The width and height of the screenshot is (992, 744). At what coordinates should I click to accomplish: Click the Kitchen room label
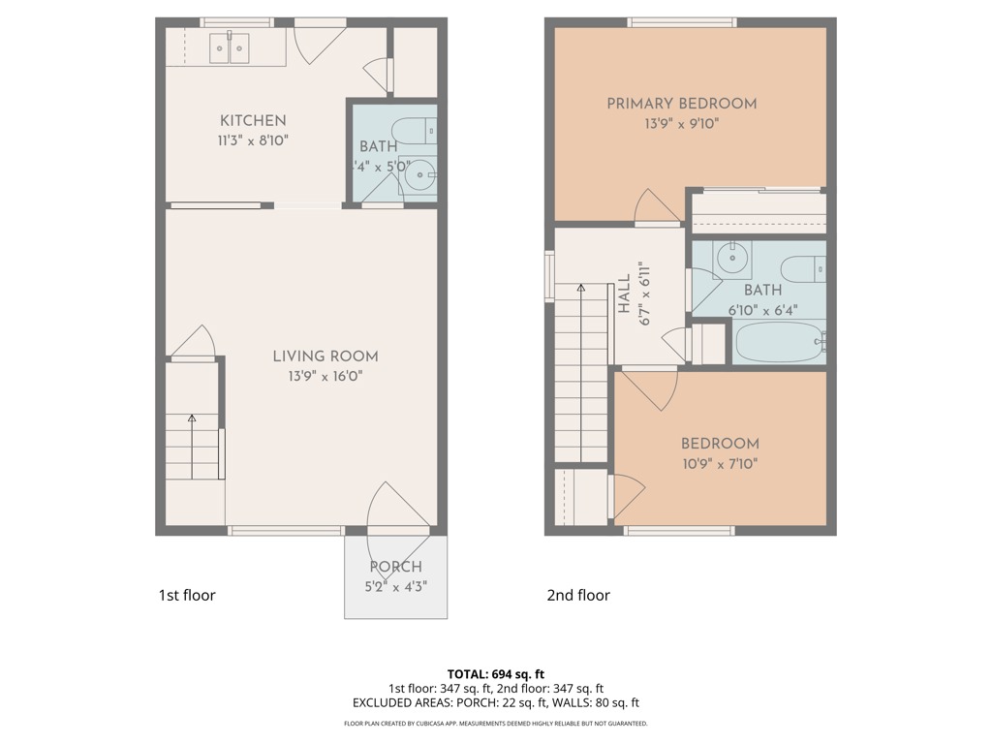253,121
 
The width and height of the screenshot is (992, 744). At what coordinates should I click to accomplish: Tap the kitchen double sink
231,47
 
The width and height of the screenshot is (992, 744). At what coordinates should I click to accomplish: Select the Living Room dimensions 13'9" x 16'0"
325,376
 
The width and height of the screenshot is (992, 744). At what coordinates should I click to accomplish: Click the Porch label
395,567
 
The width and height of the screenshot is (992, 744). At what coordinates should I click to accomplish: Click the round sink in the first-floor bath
418,176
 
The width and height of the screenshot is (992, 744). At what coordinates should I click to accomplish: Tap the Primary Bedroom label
681,104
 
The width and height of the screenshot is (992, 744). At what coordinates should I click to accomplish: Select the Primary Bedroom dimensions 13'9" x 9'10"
681,124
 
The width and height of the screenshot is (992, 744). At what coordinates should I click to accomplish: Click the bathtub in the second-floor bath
779,342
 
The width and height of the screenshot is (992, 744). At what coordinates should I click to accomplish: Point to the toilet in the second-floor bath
803,268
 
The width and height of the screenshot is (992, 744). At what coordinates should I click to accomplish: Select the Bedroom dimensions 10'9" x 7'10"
720,463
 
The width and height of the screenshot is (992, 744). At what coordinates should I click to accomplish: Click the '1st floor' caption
186,595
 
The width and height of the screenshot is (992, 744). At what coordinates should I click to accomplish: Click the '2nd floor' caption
578,595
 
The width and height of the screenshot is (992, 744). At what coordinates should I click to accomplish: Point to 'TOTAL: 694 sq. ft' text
496,673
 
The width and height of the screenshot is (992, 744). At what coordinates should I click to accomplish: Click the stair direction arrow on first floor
192,418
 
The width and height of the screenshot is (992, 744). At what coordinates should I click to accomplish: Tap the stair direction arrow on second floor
581,288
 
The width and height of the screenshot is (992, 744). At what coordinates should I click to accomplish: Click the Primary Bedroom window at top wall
681,22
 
